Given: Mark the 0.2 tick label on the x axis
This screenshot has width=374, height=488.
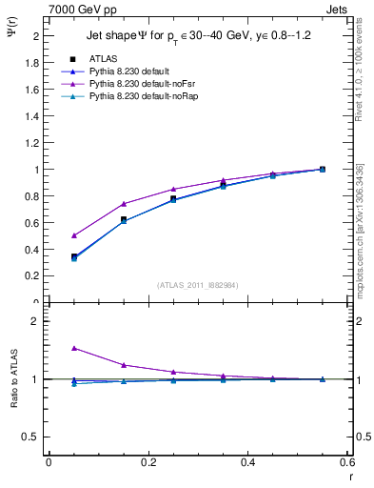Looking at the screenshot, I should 148,461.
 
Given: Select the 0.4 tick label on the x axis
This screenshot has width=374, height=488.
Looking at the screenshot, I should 247,461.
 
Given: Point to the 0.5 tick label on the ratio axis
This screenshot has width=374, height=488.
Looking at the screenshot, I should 30,437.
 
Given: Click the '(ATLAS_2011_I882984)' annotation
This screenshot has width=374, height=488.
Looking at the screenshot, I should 197,285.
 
